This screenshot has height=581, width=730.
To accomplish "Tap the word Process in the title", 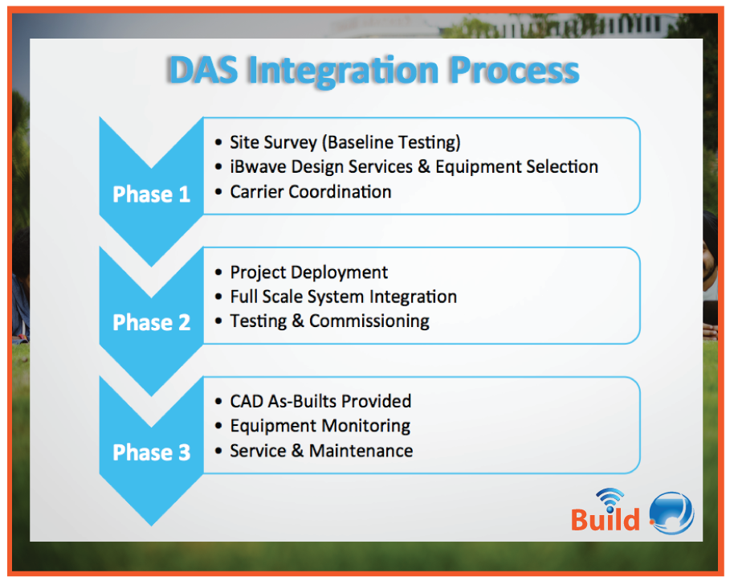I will [513, 70].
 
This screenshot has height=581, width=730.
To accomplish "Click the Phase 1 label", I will [151, 194].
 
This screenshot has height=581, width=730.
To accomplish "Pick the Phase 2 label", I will [151, 323].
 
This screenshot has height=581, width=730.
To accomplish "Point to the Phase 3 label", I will [151, 452].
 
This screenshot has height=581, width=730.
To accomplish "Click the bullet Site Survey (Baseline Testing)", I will [345, 142].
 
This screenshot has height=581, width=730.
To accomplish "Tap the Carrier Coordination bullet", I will [310, 192].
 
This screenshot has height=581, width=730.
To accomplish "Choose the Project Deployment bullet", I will [308, 272].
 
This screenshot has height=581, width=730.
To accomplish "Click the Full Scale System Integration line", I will [343, 297].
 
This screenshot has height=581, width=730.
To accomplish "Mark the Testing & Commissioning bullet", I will [329, 321].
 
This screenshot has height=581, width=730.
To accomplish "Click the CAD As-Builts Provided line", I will [320, 401].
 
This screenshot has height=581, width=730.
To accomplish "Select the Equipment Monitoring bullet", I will [320, 426].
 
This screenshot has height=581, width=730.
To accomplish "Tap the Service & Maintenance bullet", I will [321, 451].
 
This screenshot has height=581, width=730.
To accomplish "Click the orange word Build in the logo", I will [605, 520].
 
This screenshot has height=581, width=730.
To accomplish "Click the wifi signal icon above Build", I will [610, 498].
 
